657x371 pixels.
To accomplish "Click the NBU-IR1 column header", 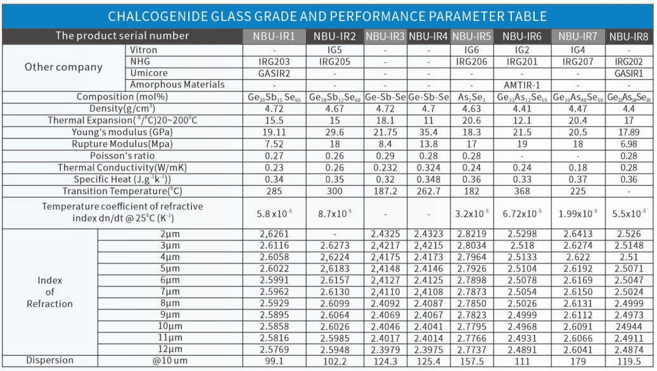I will point(274,36).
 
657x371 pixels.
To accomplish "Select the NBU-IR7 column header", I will point(578,36).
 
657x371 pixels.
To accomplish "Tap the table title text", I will point(328,16).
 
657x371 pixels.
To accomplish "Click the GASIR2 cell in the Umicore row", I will point(274,73).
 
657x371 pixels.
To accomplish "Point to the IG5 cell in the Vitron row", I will point(334,50).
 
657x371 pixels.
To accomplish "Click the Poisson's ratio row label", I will point(123,155).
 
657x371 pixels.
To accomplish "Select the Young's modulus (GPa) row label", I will point(123,132).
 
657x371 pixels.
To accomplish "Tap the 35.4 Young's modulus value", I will point(428,132).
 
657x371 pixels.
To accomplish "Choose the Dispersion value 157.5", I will point(472,360).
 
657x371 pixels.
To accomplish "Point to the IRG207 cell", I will point(578,62).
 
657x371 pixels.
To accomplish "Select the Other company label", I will point(63,67).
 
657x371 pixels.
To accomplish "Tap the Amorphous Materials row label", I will point(177,84).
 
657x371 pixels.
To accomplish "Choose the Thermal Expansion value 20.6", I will point(472,120).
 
